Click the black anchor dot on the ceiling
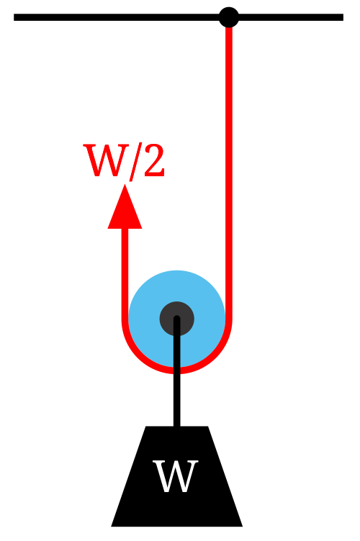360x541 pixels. point(228,17)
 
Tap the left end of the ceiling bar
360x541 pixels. point(14,17)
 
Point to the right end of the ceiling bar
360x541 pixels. point(343,17)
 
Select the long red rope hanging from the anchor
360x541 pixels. point(228,173)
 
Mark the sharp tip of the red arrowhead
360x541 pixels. point(125,185)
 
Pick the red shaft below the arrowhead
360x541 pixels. point(125,273)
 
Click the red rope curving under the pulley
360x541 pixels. point(176,370)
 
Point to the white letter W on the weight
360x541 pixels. point(176,476)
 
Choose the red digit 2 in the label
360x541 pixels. point(154,160)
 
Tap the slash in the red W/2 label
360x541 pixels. point(136,161)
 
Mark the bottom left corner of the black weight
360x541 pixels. point(111,527)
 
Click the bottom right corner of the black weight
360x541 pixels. point(243,527)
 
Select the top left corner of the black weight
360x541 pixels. point(146,427)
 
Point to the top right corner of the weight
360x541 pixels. point(208,427)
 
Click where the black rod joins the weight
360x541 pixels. point(176,427)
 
